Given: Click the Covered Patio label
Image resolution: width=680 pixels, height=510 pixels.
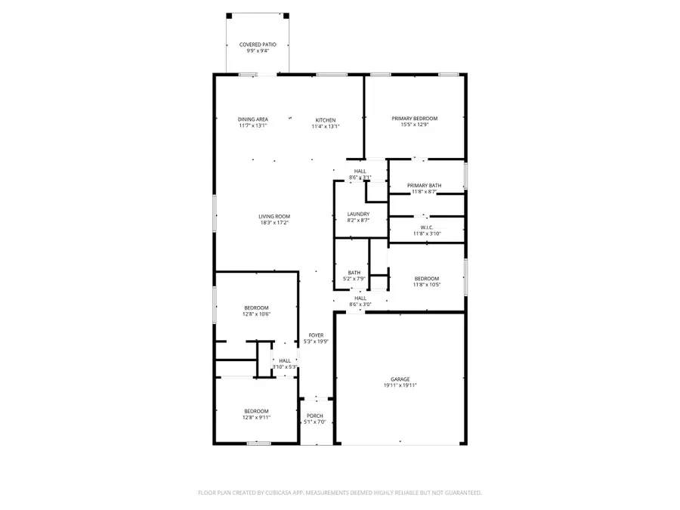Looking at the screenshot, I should tap(258, 45).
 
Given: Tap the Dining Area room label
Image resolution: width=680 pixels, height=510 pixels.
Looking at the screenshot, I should tap(253, 119).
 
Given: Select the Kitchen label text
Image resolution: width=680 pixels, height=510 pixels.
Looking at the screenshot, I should tap(326, 120).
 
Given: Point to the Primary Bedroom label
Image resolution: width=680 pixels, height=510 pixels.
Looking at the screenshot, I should tap(414, 119).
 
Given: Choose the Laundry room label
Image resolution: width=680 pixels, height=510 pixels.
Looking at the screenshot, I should tap(358, 214).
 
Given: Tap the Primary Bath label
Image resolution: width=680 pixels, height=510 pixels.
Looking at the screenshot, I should tap(424, 186).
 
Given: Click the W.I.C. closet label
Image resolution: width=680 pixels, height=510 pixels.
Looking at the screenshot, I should tap(426, 228).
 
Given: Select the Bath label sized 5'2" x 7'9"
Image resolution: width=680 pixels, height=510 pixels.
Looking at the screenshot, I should tap(354, 273).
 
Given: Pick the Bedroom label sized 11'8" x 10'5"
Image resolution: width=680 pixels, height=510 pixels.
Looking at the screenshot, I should tap(426, 279).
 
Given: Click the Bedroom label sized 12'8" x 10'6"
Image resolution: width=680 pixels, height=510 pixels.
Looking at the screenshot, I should tap(256, 308).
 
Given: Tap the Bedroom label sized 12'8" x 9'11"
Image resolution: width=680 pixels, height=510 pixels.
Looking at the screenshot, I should tap(256, 411).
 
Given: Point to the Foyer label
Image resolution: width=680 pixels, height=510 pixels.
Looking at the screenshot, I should tap(316, 335).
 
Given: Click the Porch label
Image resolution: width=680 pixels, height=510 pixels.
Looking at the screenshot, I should tap(315, 416).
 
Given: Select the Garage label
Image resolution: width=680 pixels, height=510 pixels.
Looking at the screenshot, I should tap(400, 379).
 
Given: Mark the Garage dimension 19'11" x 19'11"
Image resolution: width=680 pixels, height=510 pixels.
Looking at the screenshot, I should tap(400, 385).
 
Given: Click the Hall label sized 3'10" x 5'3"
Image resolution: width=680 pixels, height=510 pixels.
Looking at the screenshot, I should tap(285, 361).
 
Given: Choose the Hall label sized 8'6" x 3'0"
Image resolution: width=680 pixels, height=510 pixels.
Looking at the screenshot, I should tap(360, 298).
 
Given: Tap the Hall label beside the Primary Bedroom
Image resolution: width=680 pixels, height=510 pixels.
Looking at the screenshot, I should tap(360, 172).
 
